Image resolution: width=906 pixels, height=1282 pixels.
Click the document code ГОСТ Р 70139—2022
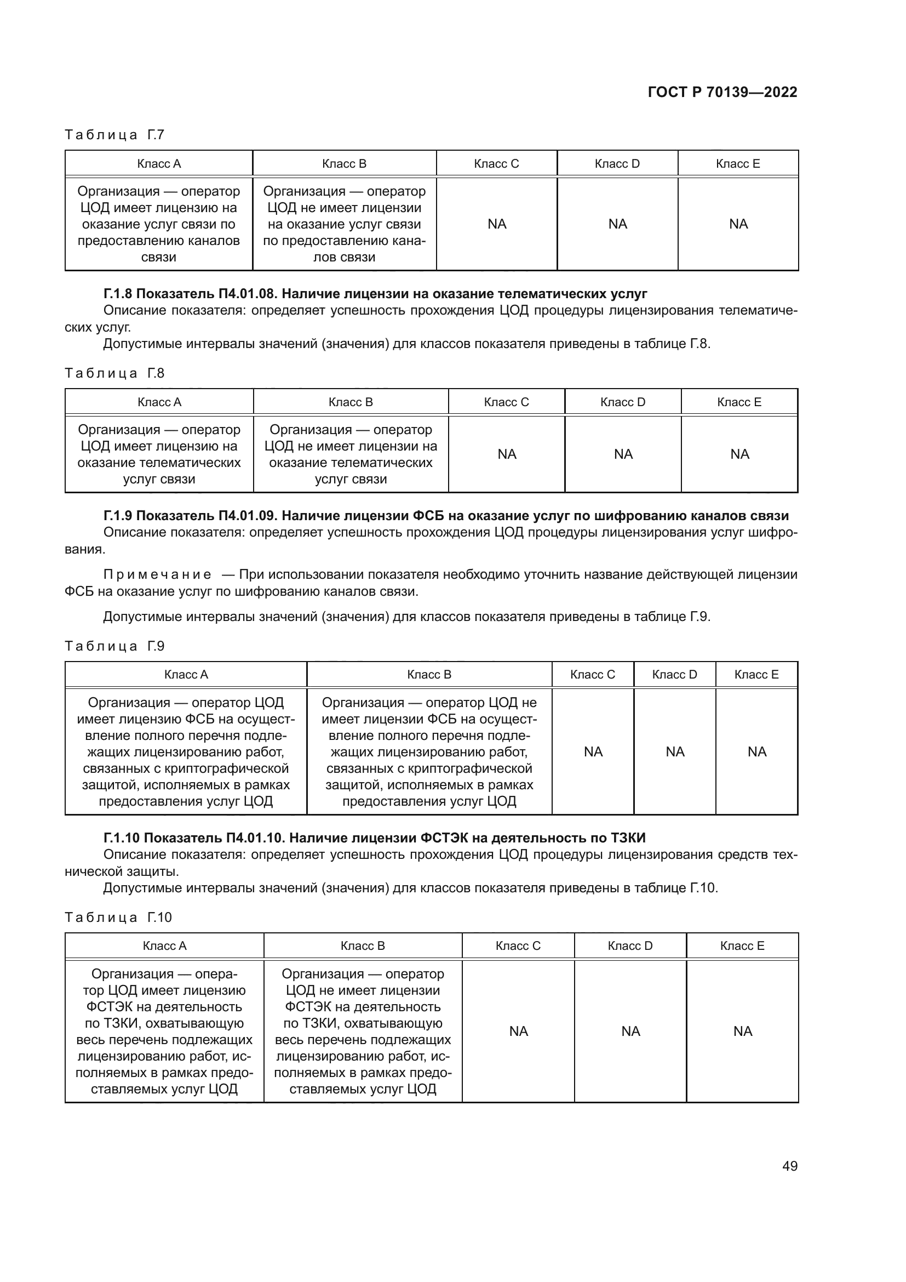722,92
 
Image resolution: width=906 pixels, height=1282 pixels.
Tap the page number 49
789,1166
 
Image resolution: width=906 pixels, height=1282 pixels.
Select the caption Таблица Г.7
114,135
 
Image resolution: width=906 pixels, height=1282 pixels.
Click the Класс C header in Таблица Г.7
496,163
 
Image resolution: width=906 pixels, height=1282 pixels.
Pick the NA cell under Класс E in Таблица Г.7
737,224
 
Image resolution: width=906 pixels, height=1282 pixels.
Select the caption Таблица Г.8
114,373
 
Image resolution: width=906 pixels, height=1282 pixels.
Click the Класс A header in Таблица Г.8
159,402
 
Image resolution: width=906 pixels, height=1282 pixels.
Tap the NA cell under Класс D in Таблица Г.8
623,454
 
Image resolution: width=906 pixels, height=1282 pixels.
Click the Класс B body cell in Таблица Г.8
351,454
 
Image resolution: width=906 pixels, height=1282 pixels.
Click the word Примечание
157,574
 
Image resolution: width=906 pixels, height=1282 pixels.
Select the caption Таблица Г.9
114,646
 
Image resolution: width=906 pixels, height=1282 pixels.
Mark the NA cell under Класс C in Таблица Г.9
593,751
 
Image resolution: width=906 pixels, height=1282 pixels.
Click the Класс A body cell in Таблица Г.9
186,751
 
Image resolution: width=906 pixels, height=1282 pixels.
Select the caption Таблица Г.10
118,918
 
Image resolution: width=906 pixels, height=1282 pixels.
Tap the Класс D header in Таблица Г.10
630,946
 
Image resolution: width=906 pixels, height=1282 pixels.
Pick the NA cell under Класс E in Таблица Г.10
742,1031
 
